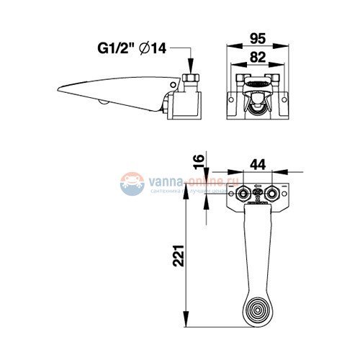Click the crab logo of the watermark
point(132,184)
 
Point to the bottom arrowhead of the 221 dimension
point(186,324)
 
